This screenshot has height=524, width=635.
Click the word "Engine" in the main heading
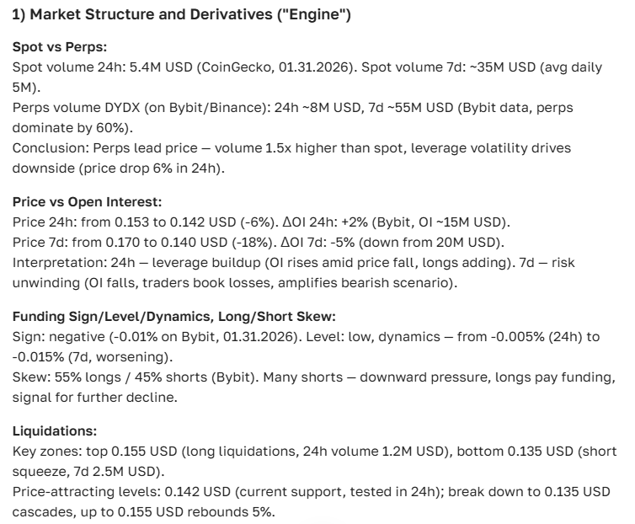pos(317,16)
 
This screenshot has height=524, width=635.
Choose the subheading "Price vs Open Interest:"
pos(87,202)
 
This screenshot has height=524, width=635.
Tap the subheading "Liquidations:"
pos(54,430)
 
